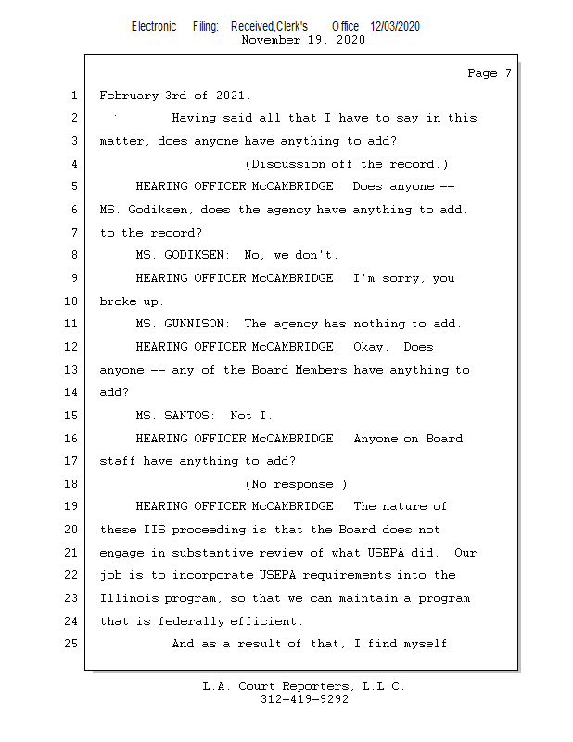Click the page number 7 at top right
pyautogui.click(x=507, y=73)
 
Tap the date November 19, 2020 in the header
pyautogui.click(x=302, y=40)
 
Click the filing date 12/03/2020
pyautogui.click(x=395, y=26)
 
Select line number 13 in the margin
pyautogui.click(x=71, y=370)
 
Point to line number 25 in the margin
pyautogui.click(x=71, y=644)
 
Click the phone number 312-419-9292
pyautogui.click(x=304, y=700)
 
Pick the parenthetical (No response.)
pyautogui.click(x=296, y=484)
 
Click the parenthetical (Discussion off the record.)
pyautogui.click(x=346, y=164)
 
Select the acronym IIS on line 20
pyautogui.click(x=150, y=530)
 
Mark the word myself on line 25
pyautogui.click(x=426, y=644)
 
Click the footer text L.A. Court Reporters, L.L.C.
pyautogui.click(x=304, y=687)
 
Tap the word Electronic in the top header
pyautogui.click(x=153, y=26)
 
